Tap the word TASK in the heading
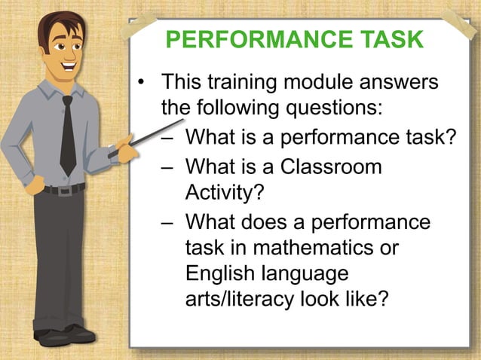pyautogui.click(x=391, y=40)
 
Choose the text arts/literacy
pyautogui.click(x=246, y=299)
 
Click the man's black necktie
pyautogui.click(x=69, y=136)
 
